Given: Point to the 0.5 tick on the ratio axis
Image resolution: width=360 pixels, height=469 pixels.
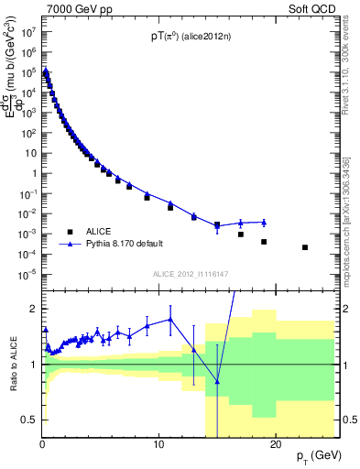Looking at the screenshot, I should [x=29, y=420].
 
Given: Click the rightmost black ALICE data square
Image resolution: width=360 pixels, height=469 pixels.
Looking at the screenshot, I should [x=305, y=247].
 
